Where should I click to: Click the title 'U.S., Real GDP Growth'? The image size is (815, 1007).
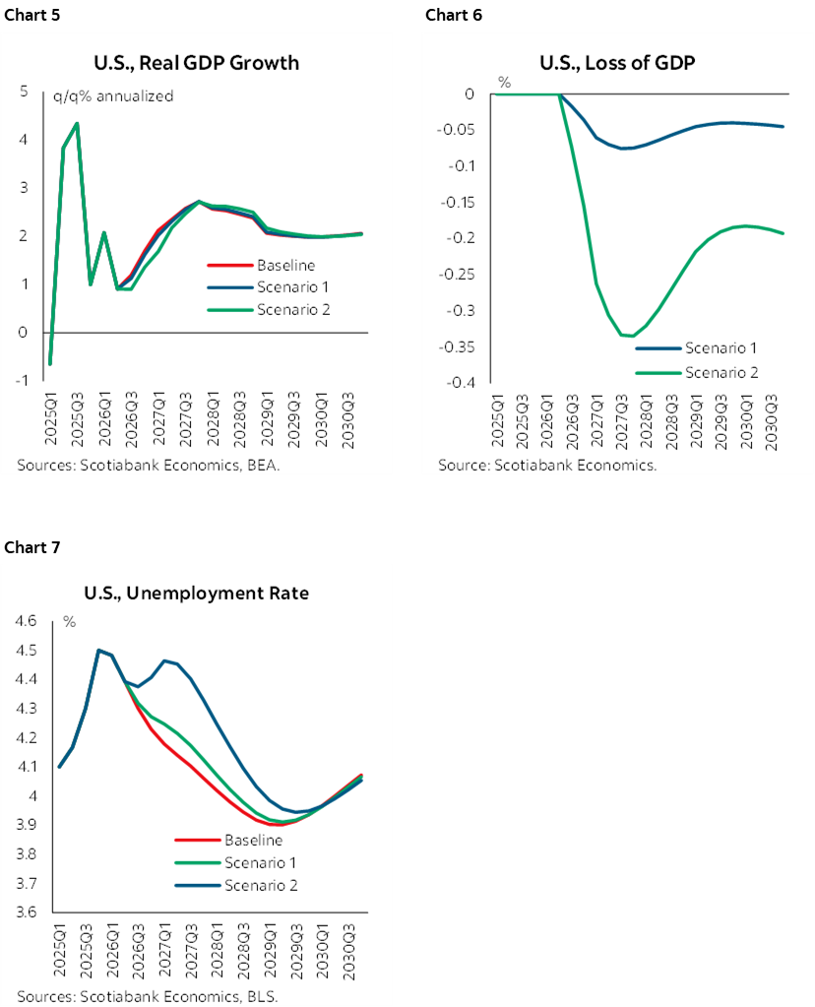click(196, 64)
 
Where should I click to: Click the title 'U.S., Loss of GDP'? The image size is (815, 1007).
click(605, 64)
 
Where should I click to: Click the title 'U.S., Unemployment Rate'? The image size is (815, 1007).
click(196, 593)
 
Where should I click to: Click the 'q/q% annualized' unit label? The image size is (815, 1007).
click(112, 96)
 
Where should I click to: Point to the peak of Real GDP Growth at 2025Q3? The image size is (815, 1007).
click(77, 123)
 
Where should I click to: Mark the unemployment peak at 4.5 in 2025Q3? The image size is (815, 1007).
click(98, 650)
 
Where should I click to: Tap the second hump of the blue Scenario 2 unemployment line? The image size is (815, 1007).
click(164, 661)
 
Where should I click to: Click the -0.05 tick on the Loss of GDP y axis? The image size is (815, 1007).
click(458, 130)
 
